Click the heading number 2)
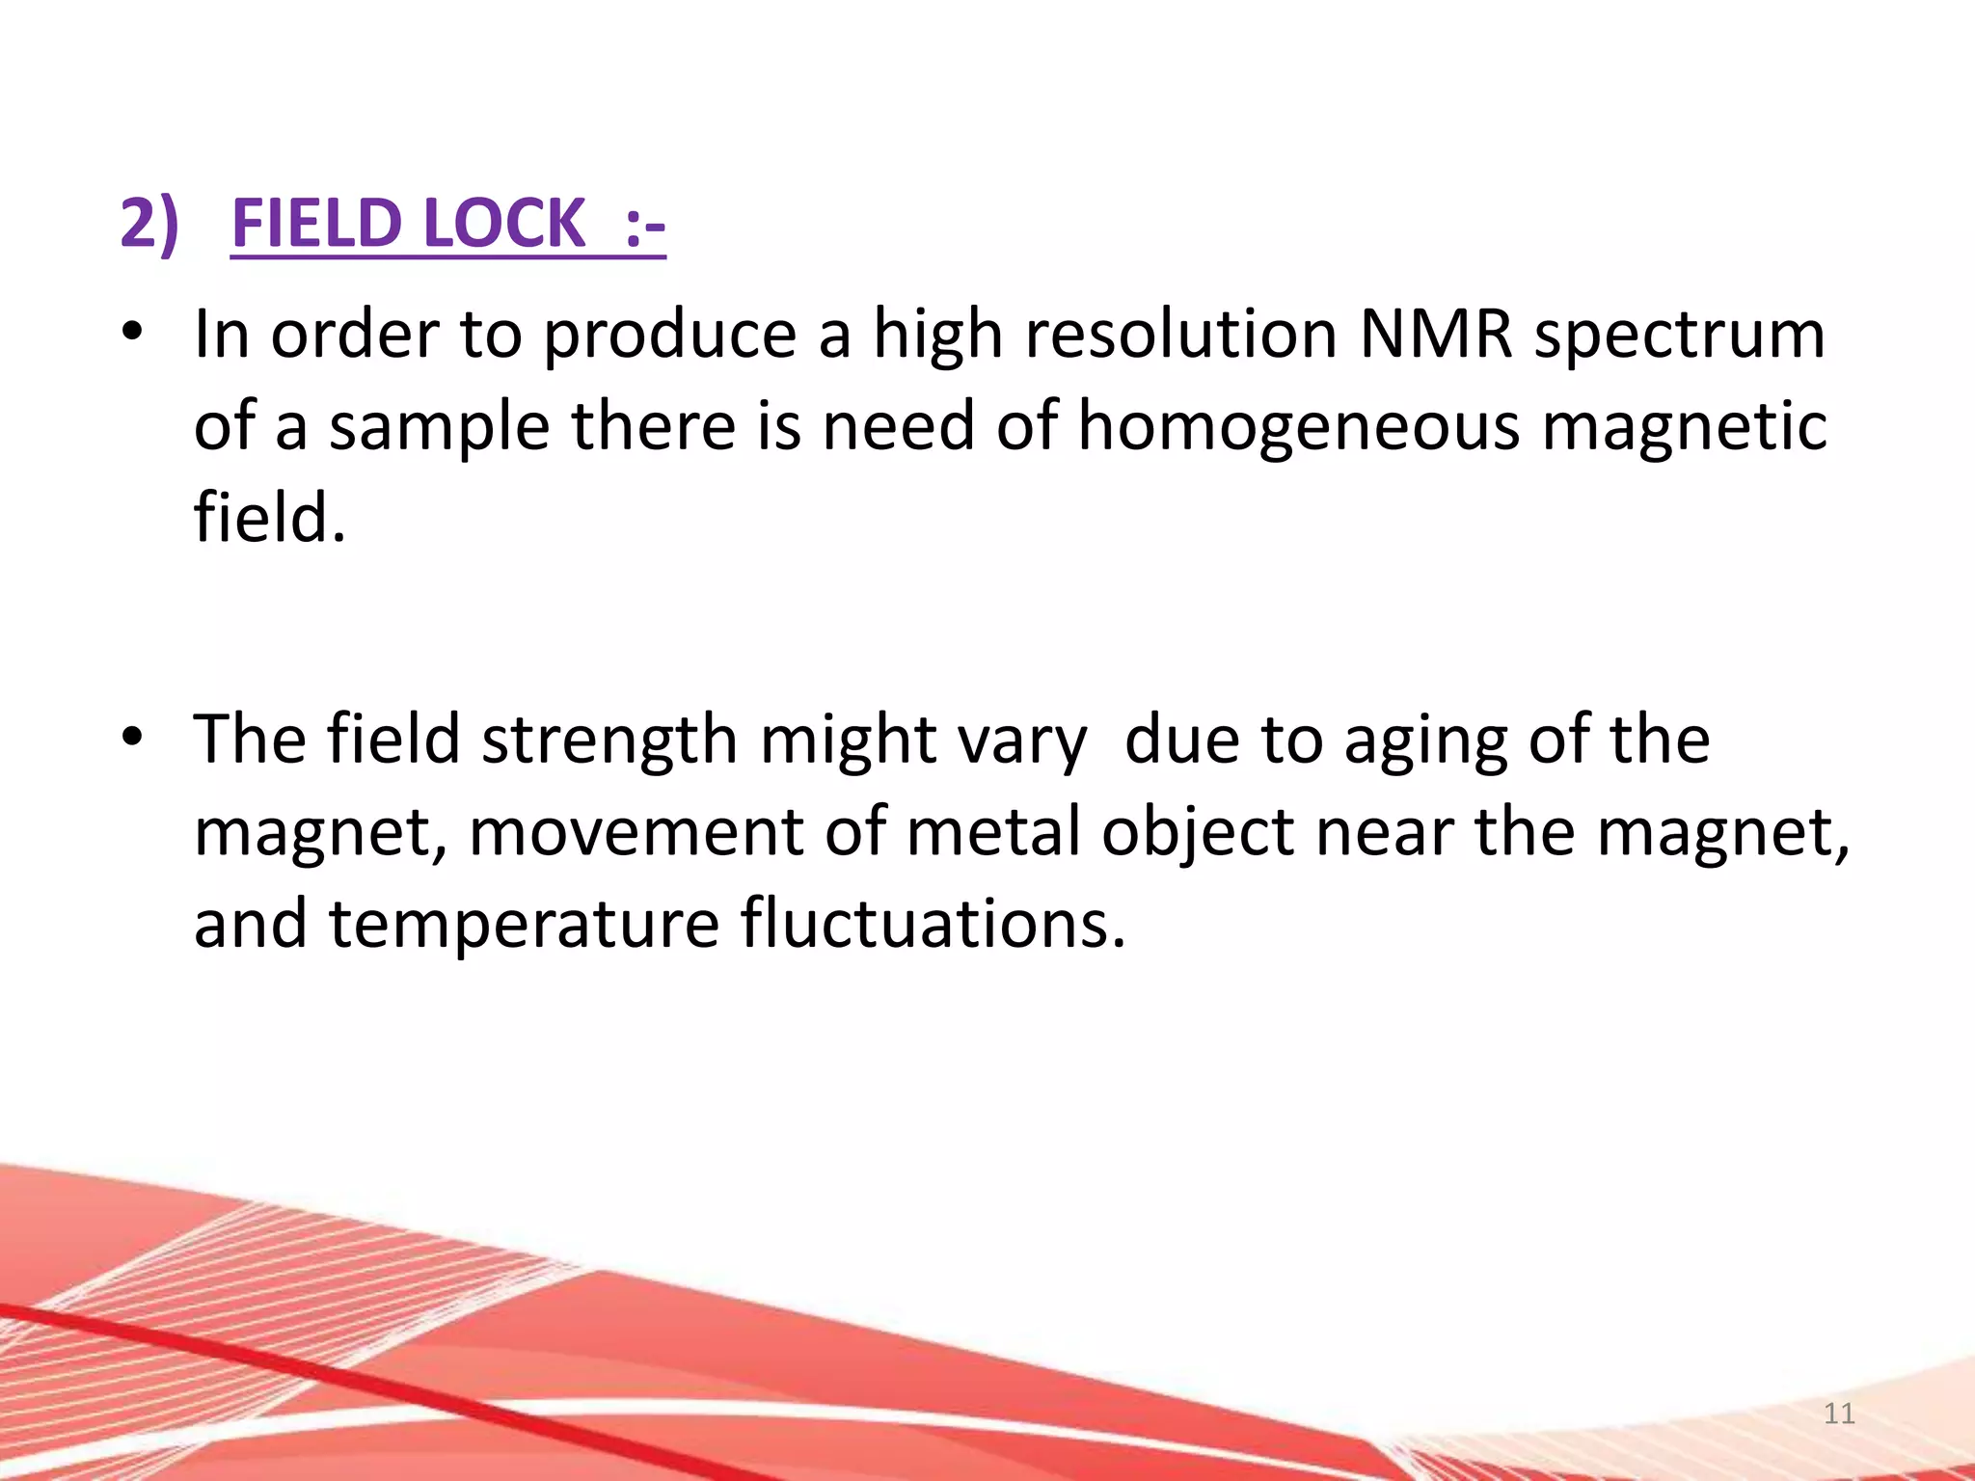pos(149,223)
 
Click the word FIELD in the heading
pos(315,223)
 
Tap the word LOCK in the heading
pos(503,223)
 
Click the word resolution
pos(1180,334)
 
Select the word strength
pos(609,740)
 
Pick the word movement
pos(636,831)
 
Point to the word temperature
pos(524,924)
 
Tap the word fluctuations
pos(933,922)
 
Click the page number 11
pos(1839,1414)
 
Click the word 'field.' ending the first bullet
pos(269,517)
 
